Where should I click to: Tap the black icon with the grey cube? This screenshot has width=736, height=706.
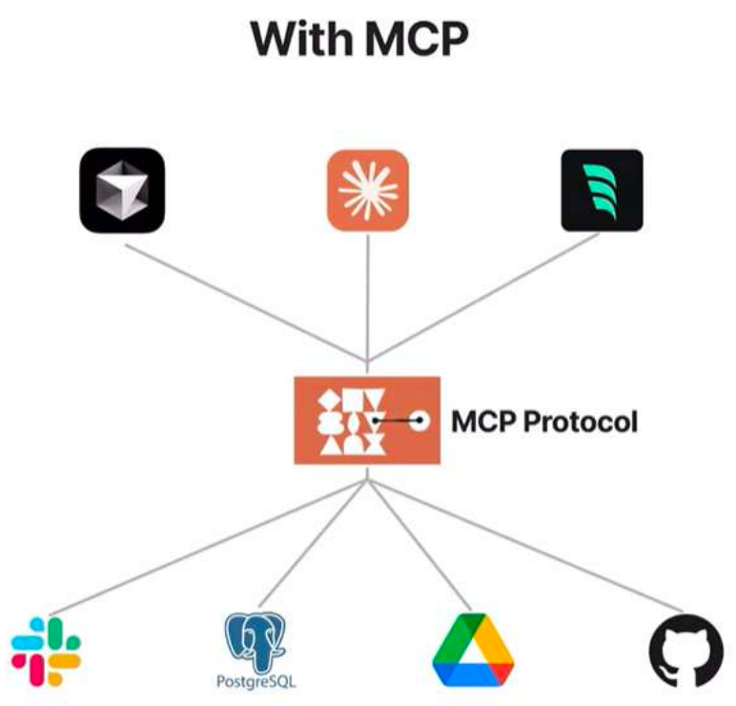tap(121, 189)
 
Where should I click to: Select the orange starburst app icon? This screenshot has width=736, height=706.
tap(367, 189)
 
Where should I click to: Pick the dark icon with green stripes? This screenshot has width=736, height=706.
tap(602, 189)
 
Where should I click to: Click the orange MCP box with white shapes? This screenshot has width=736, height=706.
tap(343, 419)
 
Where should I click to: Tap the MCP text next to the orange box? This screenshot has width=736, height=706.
tap(480, 421)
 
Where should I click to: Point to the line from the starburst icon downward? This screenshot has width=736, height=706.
tap(367, 296)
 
